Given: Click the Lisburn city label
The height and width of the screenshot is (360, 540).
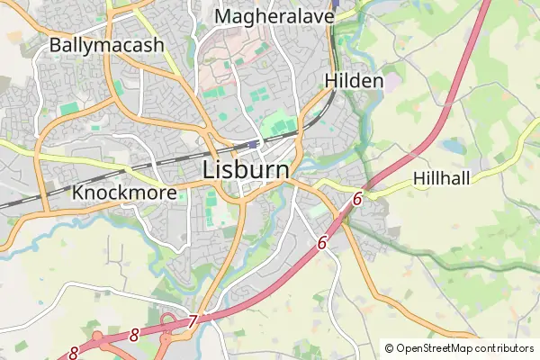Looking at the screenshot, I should [246, 169].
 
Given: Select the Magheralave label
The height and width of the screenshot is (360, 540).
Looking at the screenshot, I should [274, 16].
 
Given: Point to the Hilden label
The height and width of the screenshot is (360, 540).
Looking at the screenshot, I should [354, 81].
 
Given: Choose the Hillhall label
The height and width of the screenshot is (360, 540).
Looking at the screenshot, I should [442, 179].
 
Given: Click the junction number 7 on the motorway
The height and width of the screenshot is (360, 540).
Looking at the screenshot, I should [193, 320].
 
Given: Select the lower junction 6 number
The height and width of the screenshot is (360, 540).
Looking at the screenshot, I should [322, 242].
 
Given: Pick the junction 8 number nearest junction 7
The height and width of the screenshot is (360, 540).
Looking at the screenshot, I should [134, 335].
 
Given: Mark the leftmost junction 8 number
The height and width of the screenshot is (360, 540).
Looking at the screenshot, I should [73, 354].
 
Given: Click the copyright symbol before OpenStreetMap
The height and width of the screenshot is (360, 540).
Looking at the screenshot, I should [390, 348].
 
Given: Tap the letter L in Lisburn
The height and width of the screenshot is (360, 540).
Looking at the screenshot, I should [210, 169].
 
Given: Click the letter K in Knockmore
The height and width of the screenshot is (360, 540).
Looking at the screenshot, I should [78, 193].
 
